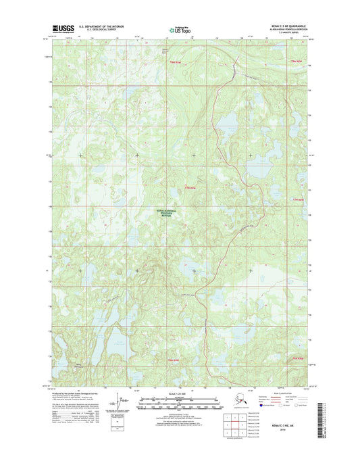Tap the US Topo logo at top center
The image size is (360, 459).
[180, 29]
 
